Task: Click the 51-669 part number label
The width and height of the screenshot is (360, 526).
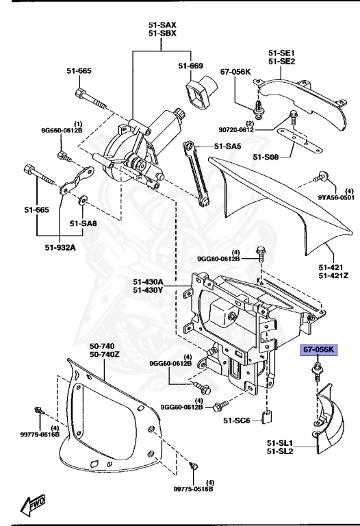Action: pyautogui.click(x=192, y=66)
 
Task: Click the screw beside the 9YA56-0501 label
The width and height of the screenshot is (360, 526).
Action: pyautogui.click(x=320, y=179)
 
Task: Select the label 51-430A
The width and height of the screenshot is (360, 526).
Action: pyautogui.click(x=148, y=281)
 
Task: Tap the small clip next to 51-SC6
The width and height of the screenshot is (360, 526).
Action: pyautogui.click(x=270, y=414)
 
